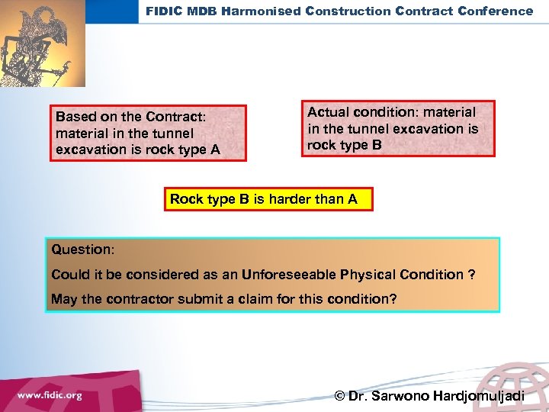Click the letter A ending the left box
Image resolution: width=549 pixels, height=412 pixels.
pyautogui.click(x=214, y=150)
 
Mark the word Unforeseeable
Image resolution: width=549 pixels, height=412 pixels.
pyautogui.click(x=295, y=275)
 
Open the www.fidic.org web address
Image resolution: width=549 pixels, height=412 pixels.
pyautogui.click(x=50, y=395)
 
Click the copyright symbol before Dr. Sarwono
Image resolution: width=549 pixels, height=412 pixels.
pyautogui.click(x=339, y=396)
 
